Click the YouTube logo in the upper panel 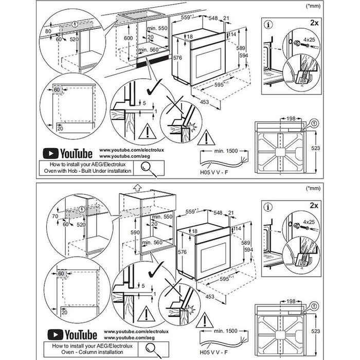pos(67,153)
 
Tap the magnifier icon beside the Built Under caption pos(147,167)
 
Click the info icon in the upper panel pos(267,24)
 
